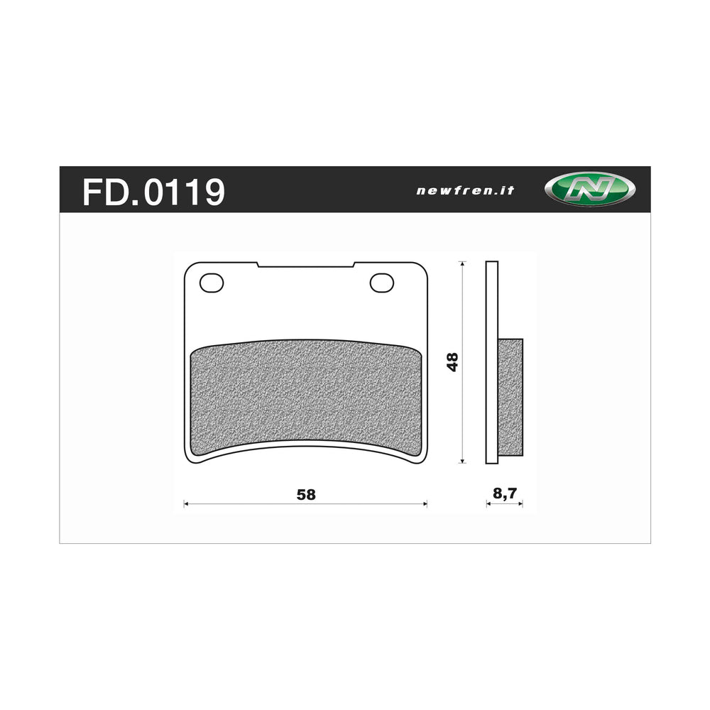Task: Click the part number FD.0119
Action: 153,191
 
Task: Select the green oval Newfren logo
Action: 589,190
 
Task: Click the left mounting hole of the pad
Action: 211,283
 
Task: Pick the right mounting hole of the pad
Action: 381,283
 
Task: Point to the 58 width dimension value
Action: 306,495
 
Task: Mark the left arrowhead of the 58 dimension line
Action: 186,504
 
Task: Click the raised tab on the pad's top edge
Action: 305,265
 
